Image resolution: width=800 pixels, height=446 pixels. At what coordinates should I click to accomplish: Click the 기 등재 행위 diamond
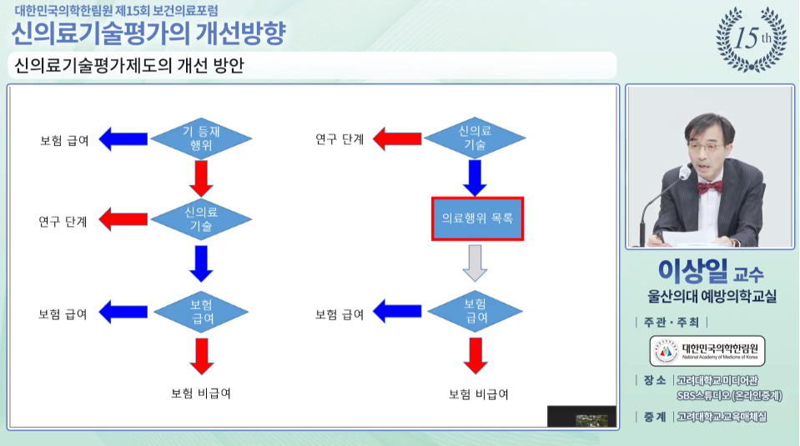coord(201,138)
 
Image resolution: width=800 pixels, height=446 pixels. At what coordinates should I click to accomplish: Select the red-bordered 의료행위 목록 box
coord(477,219)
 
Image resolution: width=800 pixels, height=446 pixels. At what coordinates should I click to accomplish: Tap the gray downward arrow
coord(475,263)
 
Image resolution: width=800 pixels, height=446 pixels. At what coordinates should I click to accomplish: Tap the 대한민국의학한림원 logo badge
coord(708,350)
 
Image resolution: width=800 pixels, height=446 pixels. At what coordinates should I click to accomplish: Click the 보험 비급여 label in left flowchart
coord(201,393)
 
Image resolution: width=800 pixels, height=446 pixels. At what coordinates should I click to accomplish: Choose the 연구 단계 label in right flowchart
coord(340,138)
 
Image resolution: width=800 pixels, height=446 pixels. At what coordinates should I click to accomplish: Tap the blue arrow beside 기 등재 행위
coord(123,138)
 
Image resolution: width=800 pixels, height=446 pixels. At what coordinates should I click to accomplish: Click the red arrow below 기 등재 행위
coord(201,178)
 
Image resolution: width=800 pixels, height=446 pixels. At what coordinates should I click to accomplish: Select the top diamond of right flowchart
coord(475,138)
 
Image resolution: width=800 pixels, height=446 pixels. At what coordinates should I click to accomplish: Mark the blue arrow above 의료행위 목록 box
coord(475,177)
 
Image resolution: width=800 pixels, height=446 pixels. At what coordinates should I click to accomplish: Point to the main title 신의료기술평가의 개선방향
coord(148,33)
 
